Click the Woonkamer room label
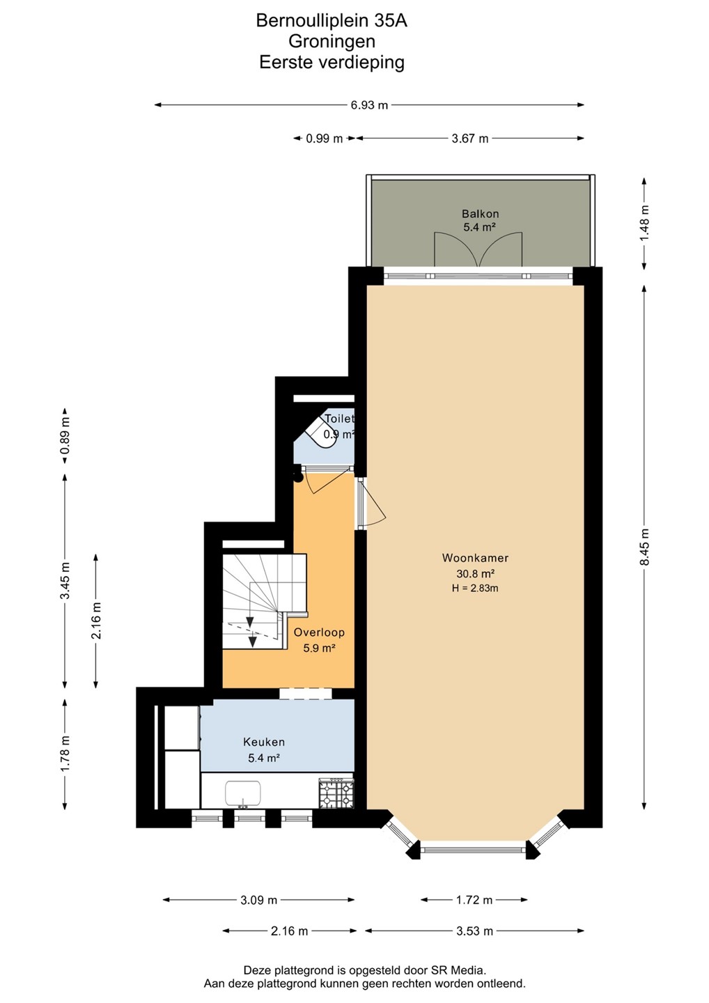point(475,558)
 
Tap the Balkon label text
point(481,214)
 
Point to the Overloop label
point(319,632)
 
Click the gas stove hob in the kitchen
point(336,793)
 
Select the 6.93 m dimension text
point(369,105)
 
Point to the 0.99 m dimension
point(324,139)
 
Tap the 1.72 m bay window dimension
point(474,900)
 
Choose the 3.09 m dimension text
point(258,900)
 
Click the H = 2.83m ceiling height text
point(475,589)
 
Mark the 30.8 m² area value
point(475,574)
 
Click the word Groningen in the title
point(332,41)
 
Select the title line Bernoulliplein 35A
point(332,21)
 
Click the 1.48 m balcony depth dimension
point(644,224)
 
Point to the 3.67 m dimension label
point(469,139)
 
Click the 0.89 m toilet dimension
point(65,435)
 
